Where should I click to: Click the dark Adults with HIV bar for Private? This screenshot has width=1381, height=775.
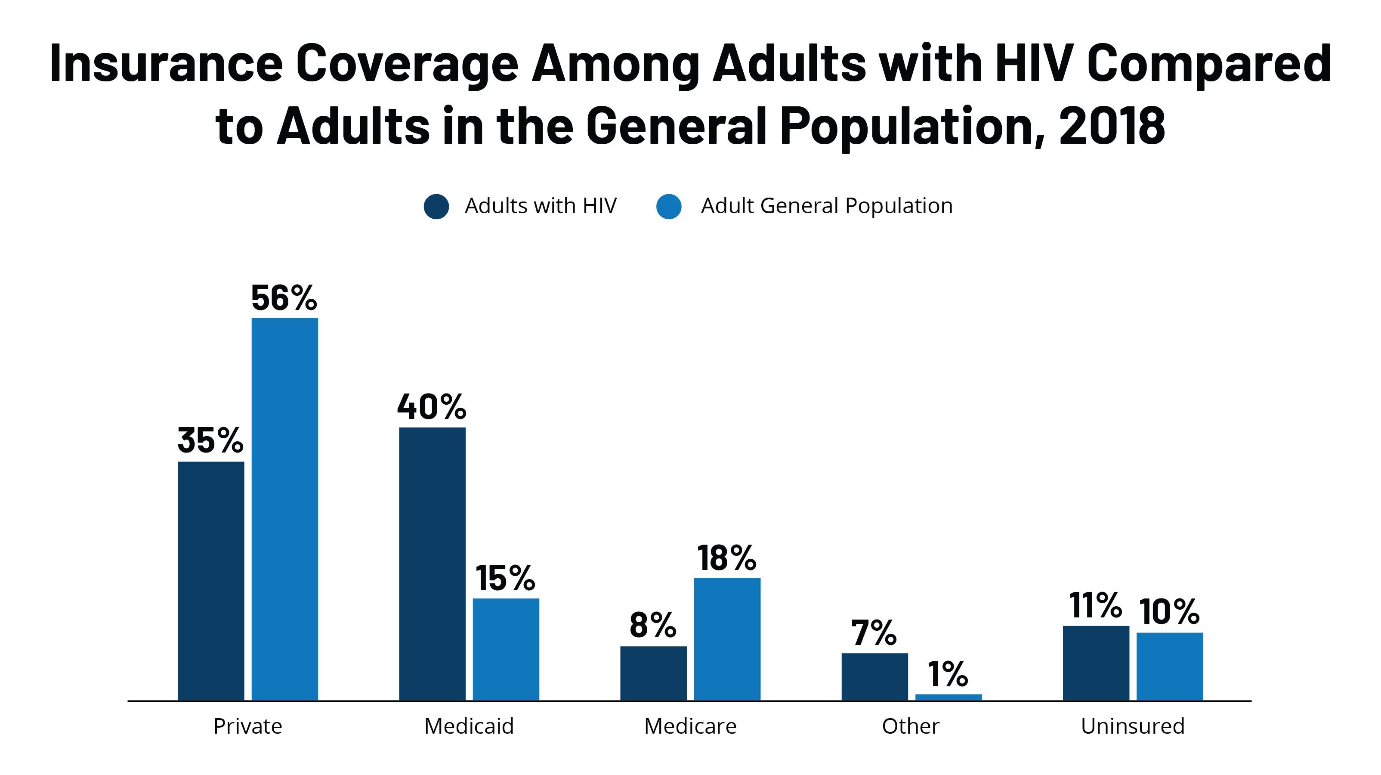(x=211, y=580)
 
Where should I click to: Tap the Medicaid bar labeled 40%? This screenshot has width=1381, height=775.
(x=432, y=563)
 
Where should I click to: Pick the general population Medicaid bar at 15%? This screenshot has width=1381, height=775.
(x=506, y=649)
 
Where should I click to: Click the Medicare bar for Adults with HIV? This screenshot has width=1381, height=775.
(x=653, y=673)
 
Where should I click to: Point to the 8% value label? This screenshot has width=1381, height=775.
(x=653, y=625)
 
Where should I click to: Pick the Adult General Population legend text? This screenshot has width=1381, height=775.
(x=826, y=206)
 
